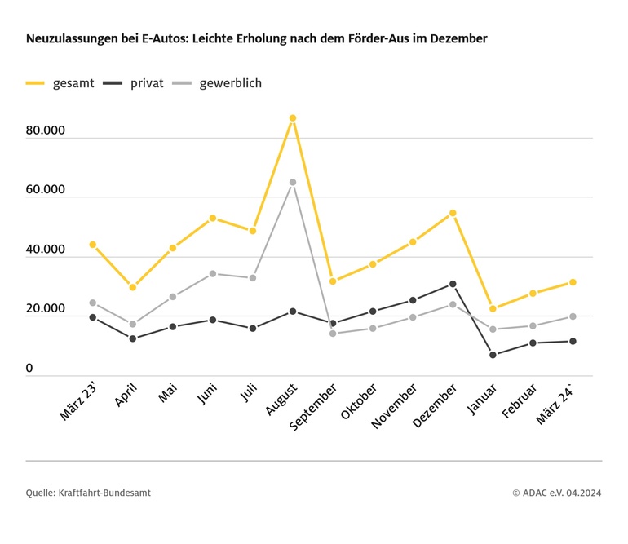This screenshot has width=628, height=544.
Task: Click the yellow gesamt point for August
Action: pyautogui.click(x=293, y=118)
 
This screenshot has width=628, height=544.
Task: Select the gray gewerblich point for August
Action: pyautogui.click(x=293, y=183)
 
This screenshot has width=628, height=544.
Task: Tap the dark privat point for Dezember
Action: pyautogui.click(x=453, y=284)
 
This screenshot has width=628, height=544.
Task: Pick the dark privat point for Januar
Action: pyautogui.click(x=493, y=355)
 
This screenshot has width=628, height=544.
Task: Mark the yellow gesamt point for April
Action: pyautogui.click(x=133, y=287)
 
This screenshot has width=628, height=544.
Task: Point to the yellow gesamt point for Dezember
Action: pyautogui.click(x=453, y=213)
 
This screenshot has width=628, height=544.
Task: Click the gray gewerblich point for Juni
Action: pyautogui.click(x=213, y=274)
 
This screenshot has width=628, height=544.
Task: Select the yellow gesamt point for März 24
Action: pyautogui.click(x=573, y=282)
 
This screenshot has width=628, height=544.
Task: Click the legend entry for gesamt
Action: pyautogui.click(x=60, y=83)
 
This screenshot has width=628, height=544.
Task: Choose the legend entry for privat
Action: pyautogui.click(x=134, y=83)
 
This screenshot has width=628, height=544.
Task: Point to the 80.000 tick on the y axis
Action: pyautogui.click(x=45, y=130)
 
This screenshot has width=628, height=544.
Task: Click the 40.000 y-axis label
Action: pyautogui.click(x=45, y=250)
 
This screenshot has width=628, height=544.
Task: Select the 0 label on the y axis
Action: pyautogui.click(x=29, y=369)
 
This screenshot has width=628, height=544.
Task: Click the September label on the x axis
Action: pyautogui.click(x=314, y=407)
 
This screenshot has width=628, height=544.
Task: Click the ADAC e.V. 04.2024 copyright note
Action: pyautogui.click(x=556, y=493)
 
